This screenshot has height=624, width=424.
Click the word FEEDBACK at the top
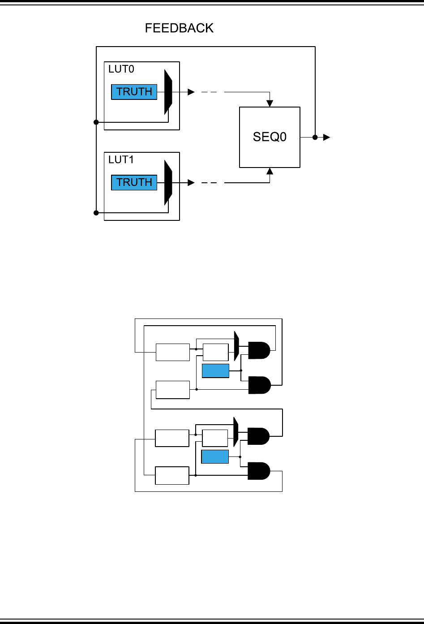click(x=179, y=28)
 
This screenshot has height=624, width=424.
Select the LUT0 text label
click(x=121, y=69)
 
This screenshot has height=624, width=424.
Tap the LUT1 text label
click(x=121, y=159)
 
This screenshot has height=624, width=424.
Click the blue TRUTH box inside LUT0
click(x=134, y=92)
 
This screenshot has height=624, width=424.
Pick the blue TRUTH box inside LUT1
click(x=134, y=182)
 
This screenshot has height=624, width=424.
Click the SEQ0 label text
click(x=270, y=137)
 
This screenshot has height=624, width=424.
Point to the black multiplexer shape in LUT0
click(x=168, y=92)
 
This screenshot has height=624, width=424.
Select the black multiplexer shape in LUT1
click(x=168, y=182)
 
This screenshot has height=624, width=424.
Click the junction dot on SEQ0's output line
click(x=315, y=137)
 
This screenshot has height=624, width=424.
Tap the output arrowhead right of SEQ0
click(x=327, y=137)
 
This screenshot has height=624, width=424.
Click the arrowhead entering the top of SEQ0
click(x=270, y=104)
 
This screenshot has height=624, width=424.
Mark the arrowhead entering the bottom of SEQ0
click(x=270, y=171)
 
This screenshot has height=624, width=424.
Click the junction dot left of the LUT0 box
click(x=96, y=122)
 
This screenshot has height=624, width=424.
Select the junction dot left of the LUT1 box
click(x=96, y=213)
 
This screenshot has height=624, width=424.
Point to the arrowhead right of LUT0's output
click(x=191, y=92)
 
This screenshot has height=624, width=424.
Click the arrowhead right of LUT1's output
click(x=191, y=182)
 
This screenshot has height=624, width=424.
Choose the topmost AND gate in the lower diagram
click(x=259, y=350)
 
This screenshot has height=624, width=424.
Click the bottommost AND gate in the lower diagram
click(x=259, y=471)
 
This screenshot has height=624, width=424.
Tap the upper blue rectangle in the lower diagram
click(x=215, y=371)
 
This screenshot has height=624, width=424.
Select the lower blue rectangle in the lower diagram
click(x=215, y=456)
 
